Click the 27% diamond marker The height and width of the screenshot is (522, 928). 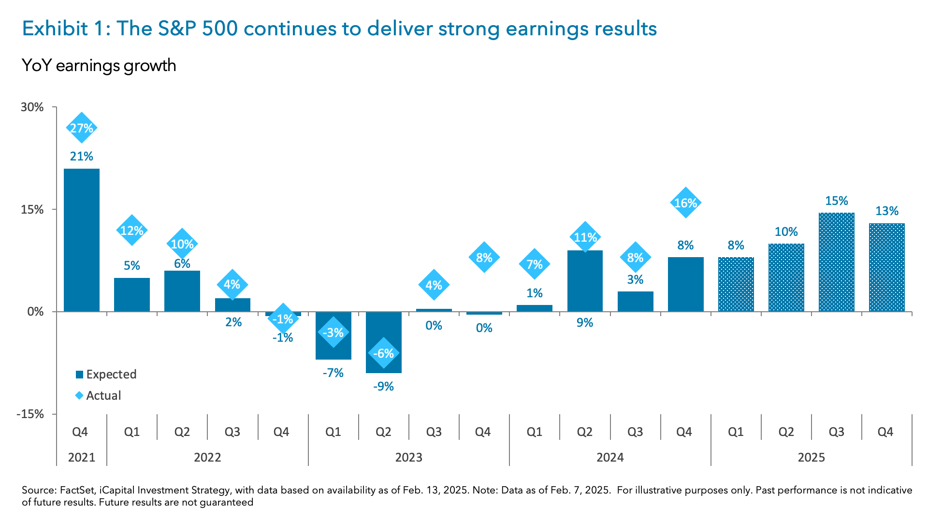tap(82, 128)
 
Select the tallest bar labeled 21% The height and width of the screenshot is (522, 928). tap(82, 240)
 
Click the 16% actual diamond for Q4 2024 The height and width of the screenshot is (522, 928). tap(685, 203)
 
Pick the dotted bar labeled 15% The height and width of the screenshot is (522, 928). tap(836, 262)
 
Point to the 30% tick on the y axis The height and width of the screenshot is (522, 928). tap(32, 107)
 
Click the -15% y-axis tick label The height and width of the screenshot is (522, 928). tap(30, 414)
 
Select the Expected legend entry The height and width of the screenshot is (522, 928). tap(106, 375)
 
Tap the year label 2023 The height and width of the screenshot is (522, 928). tap(408, 457)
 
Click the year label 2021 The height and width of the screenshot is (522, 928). tap(82, 457)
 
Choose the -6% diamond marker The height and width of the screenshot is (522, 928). tap(383, 353)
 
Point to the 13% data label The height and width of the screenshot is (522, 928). tap(886, 211)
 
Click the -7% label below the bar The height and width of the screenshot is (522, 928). tap(333, 373)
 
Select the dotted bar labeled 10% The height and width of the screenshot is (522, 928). tap(786, 277)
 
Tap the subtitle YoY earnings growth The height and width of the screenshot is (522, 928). tap(99, 65)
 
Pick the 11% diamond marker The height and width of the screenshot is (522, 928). tap(585, 237)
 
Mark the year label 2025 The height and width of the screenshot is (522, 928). tap(811, 457)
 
